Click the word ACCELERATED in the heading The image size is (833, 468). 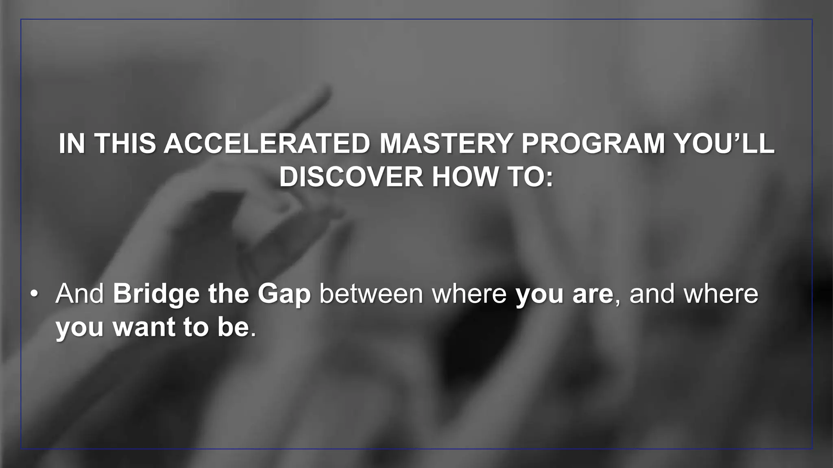(x=267, y=144)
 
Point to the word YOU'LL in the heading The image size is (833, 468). (x=724, y=144)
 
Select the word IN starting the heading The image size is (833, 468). (x=72, y=144)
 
